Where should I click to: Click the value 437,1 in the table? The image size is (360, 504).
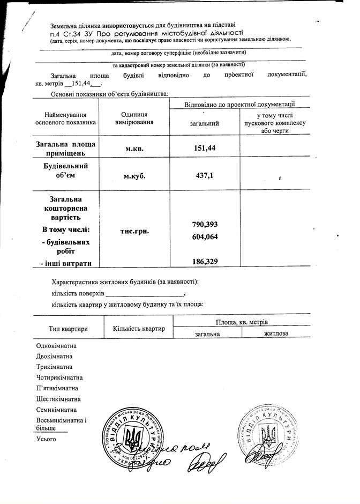(204, 175)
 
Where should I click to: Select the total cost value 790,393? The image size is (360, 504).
(204, 224)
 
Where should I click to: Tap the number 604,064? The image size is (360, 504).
(204, 236)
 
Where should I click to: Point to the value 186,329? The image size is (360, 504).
(204, 261)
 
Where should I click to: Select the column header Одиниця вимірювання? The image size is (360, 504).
(134, 118)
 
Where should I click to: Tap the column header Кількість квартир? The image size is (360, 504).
(139, 328)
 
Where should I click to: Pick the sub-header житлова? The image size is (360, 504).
(276, 333)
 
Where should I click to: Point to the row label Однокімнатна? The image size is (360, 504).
(56, 346)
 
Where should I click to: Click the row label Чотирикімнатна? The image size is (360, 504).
(59, 377)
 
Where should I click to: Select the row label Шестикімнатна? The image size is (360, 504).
(58, 399)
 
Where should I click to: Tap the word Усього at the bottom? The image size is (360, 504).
(46, 439)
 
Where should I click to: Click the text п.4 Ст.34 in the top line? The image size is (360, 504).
(65, 33)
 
